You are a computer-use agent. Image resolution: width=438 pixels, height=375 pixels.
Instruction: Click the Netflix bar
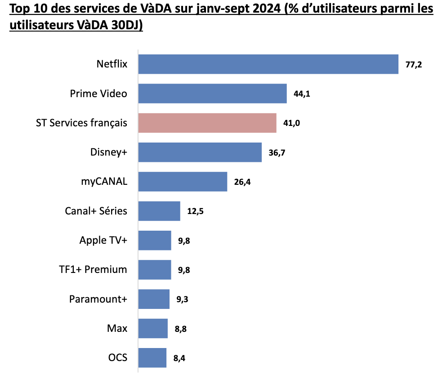pos(268,64)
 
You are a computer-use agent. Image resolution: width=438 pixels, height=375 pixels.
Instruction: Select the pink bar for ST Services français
pos(207,123)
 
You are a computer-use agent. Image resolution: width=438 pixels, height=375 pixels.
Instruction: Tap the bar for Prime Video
pos(212,94)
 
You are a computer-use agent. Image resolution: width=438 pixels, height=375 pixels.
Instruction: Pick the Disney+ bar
pos(200,152)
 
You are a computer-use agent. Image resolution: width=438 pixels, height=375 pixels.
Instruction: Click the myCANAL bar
pos(183,182)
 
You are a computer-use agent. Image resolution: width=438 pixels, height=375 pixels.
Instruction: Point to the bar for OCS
pos(152,358)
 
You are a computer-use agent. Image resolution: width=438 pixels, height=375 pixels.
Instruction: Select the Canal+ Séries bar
pos(159,211)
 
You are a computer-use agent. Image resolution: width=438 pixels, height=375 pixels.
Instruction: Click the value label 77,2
pos(413,65)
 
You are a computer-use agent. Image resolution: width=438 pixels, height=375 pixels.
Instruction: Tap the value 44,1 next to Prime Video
pos(301,94)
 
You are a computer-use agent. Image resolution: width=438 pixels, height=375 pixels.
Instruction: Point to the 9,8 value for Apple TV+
pos(184,241)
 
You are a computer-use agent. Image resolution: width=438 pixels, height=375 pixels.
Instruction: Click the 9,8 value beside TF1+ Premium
pos(184,270)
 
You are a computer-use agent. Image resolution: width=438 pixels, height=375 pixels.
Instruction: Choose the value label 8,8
pos(180,329)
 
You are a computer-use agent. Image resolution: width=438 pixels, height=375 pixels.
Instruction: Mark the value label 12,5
pos(195,212)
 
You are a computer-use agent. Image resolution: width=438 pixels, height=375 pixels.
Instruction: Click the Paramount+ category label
pos(98,299)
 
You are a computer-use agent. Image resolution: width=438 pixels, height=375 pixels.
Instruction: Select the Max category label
pos(117,329)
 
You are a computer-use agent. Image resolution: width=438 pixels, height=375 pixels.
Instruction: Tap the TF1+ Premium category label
pos(93,270)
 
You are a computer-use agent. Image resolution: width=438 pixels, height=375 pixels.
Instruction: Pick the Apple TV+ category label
pos(103,241)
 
